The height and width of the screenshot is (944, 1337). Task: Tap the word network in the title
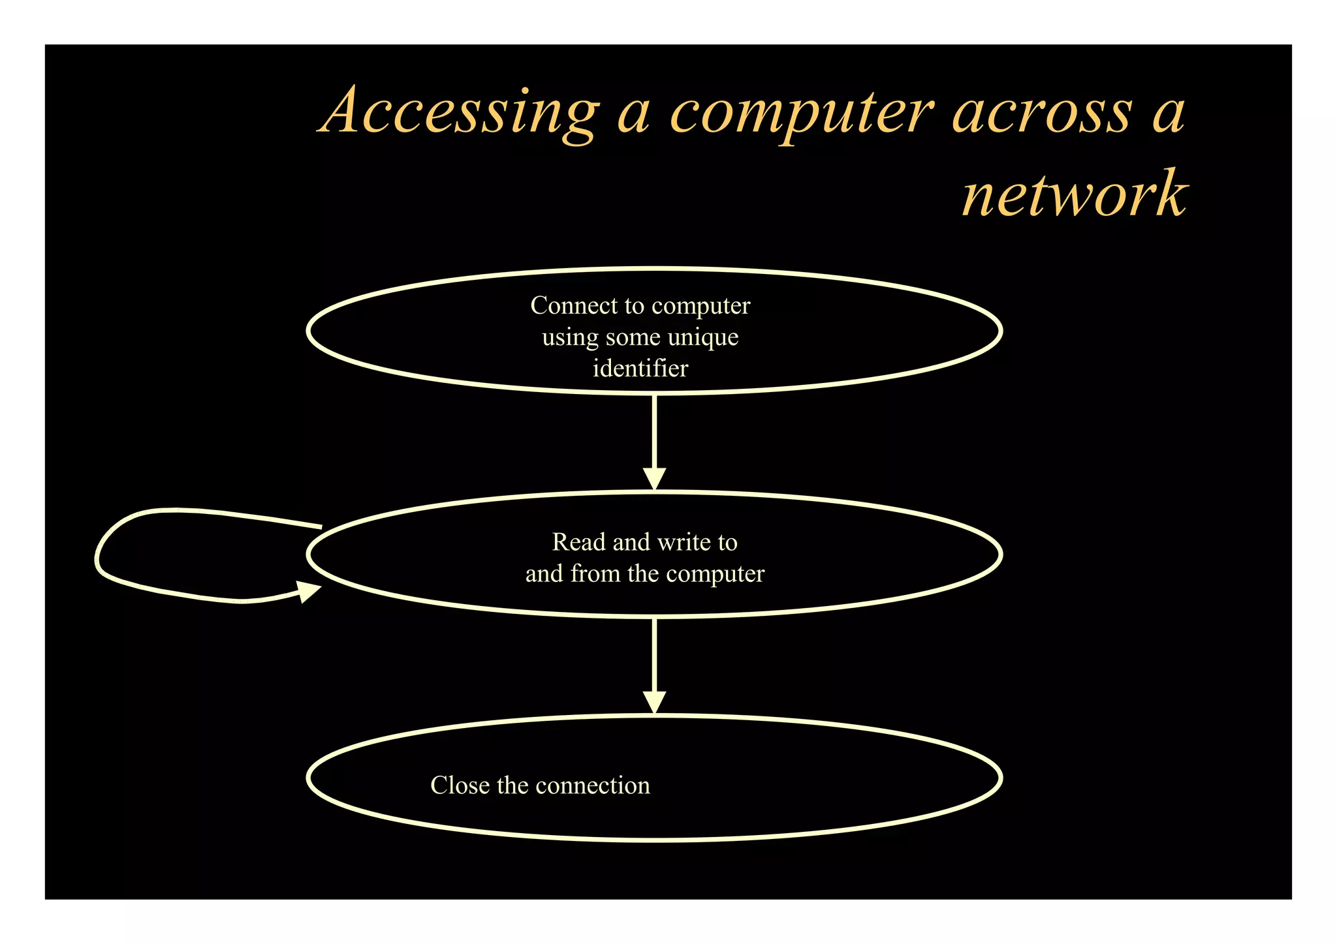pyautogui.click(x=1074, y=194)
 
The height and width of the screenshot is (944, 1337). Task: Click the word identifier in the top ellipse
pyautogui.click(x=640, y=369)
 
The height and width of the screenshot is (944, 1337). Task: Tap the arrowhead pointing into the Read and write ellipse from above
pyautogui.click(x=654, y=478)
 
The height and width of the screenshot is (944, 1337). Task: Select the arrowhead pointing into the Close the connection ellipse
pyautogui.click(x=654, y=702)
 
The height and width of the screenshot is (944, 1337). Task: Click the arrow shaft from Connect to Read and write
pyautogui.click(x=654, y=431)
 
